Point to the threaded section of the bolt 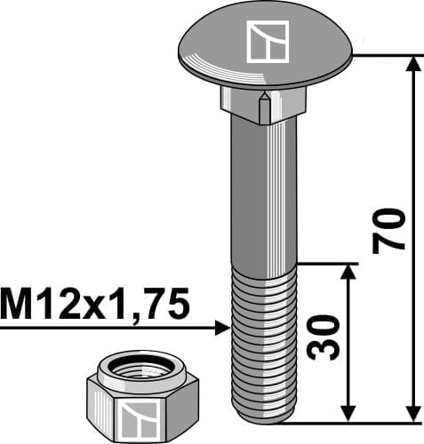264,337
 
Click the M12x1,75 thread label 95,307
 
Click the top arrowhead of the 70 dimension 413,65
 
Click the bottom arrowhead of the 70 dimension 413,412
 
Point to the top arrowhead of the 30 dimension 347,272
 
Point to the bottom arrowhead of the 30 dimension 347,412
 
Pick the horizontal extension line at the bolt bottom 356,421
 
